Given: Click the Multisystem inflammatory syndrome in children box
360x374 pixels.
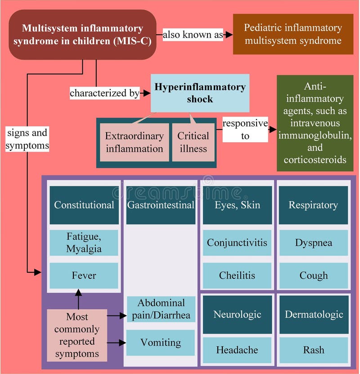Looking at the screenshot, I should tap(83, 35).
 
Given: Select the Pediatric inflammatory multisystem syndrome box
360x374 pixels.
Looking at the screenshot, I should tap(292, 34).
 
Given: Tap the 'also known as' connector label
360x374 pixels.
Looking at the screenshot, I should tap(193, 35).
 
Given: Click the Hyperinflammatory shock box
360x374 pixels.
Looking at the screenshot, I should tap(200, 93).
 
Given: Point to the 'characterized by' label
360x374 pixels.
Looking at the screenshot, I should tap(104, 93).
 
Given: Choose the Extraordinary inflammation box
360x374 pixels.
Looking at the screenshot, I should tap(134, 142).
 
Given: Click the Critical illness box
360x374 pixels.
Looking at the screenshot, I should tap(193, 142).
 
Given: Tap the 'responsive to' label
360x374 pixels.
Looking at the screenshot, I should tap(245, 129).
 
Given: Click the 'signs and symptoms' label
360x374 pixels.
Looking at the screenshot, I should tap(27, 140).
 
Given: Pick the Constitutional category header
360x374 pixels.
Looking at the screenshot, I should tap(84, 205).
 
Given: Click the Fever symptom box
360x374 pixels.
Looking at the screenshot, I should tap(84, 275).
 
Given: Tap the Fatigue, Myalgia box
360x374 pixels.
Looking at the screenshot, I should tap(84, 242).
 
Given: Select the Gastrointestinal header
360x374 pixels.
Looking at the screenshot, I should tap(161, 205).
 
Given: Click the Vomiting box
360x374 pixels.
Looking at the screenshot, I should tap(161, 342).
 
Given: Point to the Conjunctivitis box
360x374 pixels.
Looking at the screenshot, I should tap(237, 243).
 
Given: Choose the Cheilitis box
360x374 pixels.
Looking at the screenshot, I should tap(237, 275).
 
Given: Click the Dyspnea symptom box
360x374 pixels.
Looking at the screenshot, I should tap(313, 243).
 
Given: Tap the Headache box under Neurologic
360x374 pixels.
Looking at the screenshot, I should tap(237, 350).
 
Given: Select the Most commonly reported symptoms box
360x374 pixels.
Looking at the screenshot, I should tap(77, 335).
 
